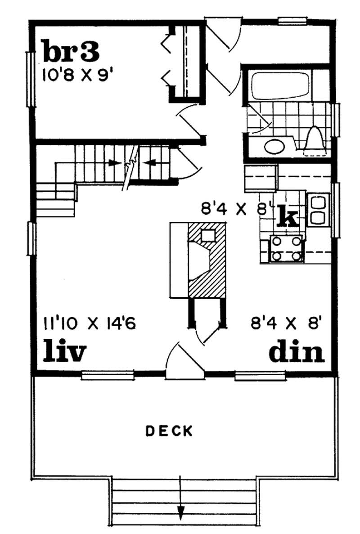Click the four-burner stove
(x=286, y=249)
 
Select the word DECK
(x=169, y=431)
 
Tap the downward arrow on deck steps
(x=180, y=511)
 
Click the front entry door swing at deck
(x=182, y=360)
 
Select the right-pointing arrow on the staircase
(x=115, y=163)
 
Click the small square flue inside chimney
(x=207, y=235)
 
